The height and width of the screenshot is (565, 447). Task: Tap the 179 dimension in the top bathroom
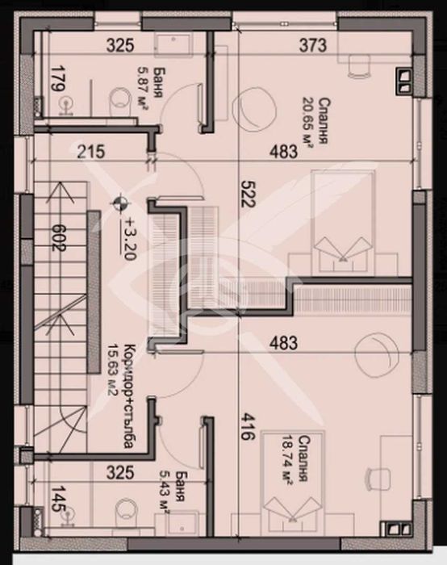[57, 81]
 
